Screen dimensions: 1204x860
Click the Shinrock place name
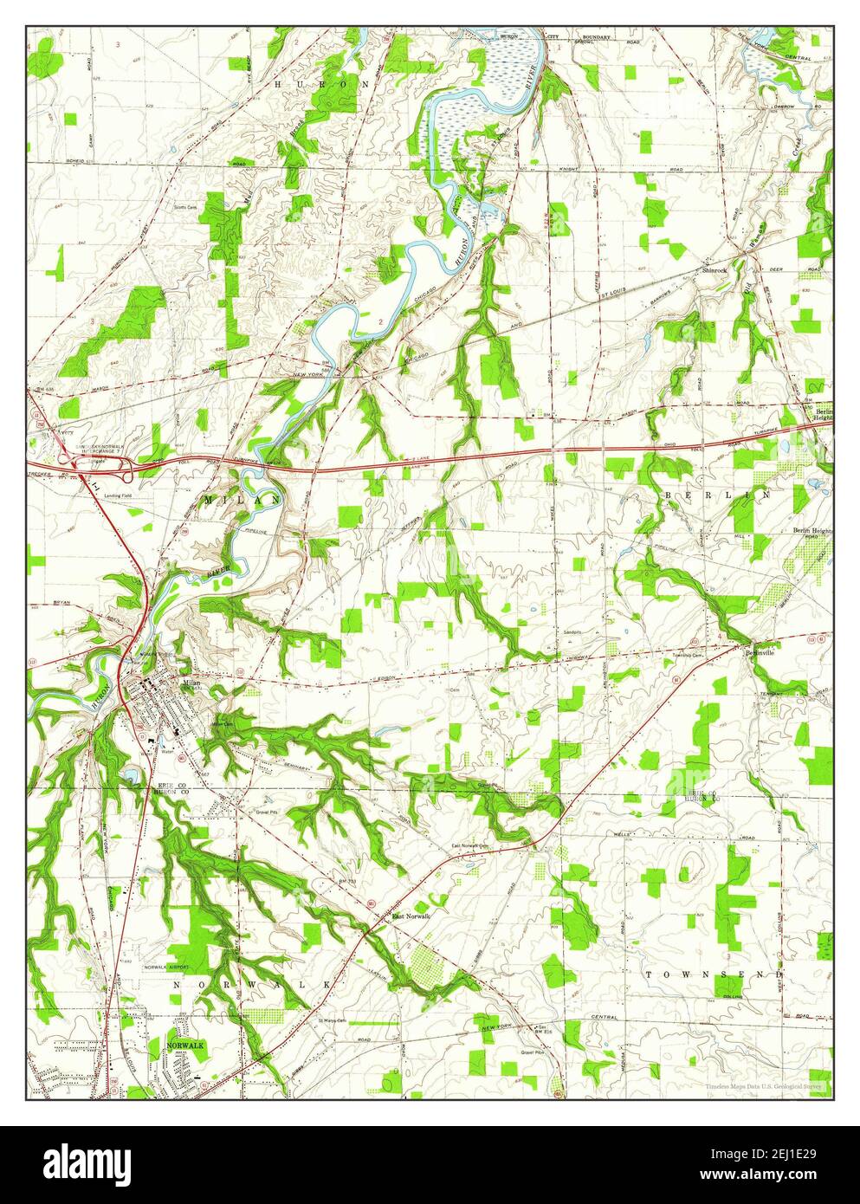coord(715,270)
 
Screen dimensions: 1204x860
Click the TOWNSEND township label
coord(707,974)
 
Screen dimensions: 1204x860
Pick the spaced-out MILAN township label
coord(242,501)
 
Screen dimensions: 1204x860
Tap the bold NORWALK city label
coord(185,1046)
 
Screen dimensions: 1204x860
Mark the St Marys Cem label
coord(330,1020)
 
